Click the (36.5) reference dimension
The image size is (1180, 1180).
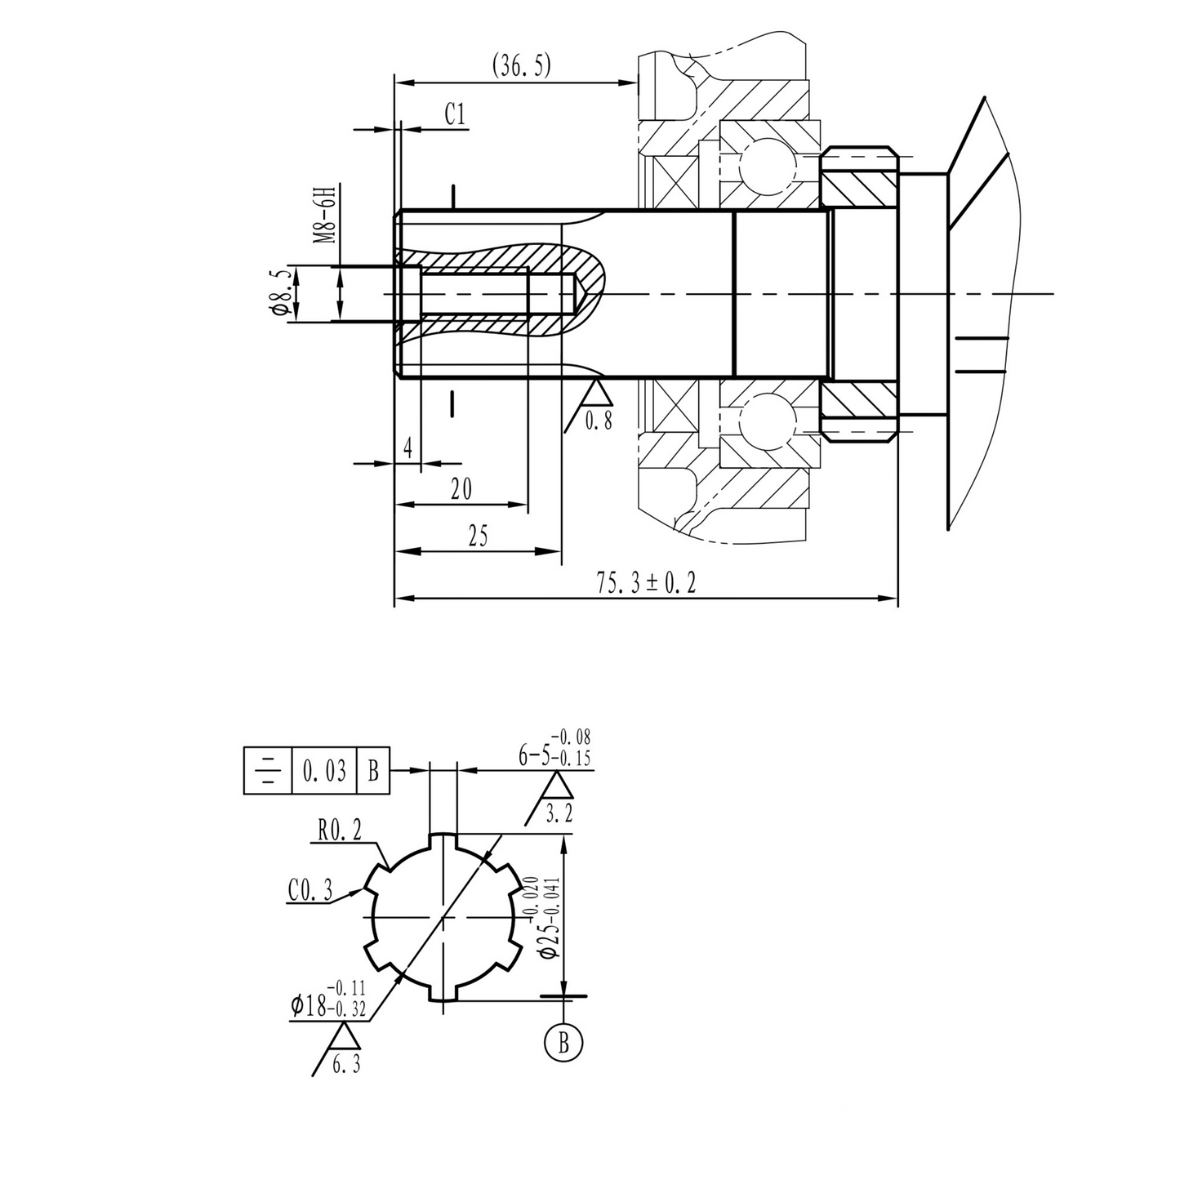click(521, 66)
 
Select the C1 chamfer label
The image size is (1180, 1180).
click(456, 114)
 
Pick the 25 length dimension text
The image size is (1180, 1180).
click(478, 537)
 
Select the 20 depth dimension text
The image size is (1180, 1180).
click(461, 489)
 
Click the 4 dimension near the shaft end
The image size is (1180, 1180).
click(407, 448)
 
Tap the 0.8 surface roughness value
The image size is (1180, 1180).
click(599, 422)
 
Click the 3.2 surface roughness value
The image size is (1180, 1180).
click(559, 813)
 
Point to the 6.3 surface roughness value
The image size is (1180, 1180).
click(346, 1065)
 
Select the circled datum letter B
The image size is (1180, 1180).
click(563, 1043)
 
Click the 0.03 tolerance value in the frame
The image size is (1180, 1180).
click(324, 771)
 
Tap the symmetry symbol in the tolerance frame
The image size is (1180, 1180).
click(268, 771)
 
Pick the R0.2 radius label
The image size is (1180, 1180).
click(338, 832)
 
